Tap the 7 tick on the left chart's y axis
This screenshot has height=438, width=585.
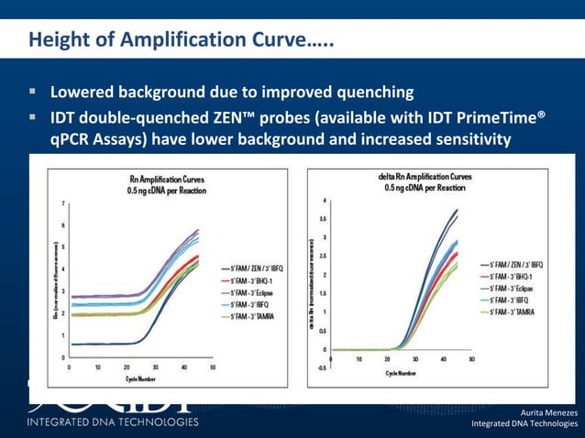[62, 203]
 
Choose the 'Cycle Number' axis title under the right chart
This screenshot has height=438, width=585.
[402, 373]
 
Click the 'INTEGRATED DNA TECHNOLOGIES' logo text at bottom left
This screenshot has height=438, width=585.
[112, 422]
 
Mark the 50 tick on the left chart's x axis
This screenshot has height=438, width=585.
[212, 367]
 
